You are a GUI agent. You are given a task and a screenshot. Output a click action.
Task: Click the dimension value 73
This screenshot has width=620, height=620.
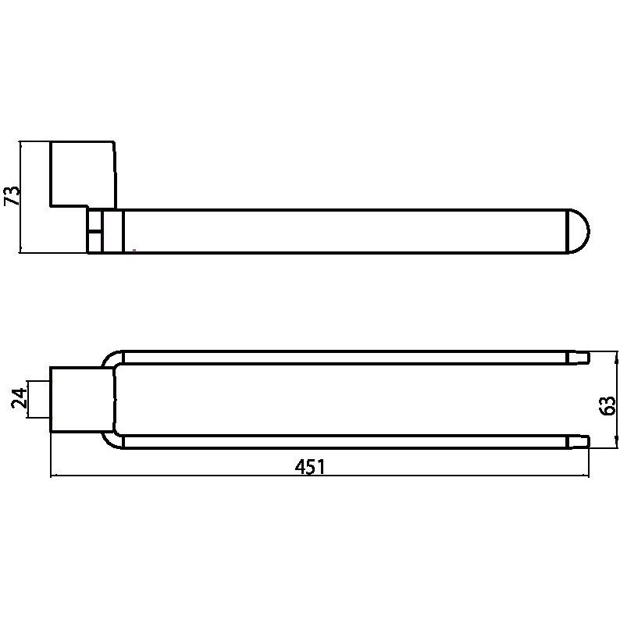(12, 196)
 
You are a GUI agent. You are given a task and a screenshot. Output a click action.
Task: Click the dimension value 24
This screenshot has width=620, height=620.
(19, 398)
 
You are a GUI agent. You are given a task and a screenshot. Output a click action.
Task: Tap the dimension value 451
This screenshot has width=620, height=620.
(310, 467)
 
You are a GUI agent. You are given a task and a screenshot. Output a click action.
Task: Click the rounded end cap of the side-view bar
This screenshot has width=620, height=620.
(579, 231)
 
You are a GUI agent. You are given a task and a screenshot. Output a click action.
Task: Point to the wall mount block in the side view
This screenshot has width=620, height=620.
(83, 174)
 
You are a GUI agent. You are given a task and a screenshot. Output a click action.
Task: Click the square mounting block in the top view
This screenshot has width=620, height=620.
(83, 400)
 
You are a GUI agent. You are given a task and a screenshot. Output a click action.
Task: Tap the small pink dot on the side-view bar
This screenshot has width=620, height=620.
(134, 251)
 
